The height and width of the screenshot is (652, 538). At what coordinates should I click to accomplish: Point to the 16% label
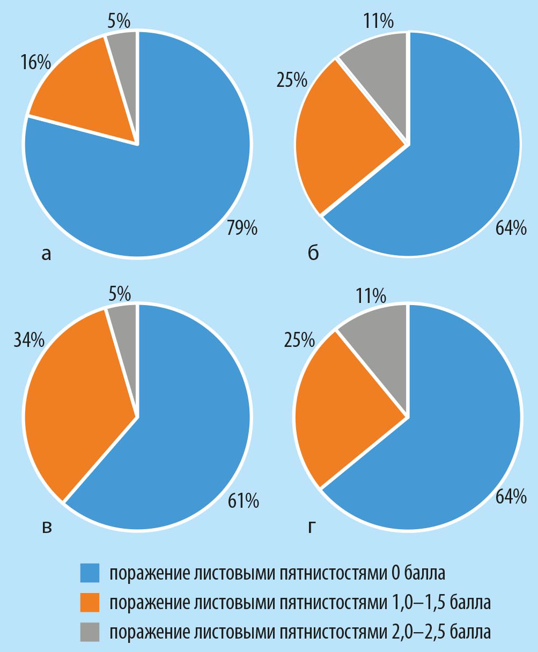coord(36,63)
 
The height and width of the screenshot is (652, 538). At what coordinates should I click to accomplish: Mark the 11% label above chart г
coord(370,295)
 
